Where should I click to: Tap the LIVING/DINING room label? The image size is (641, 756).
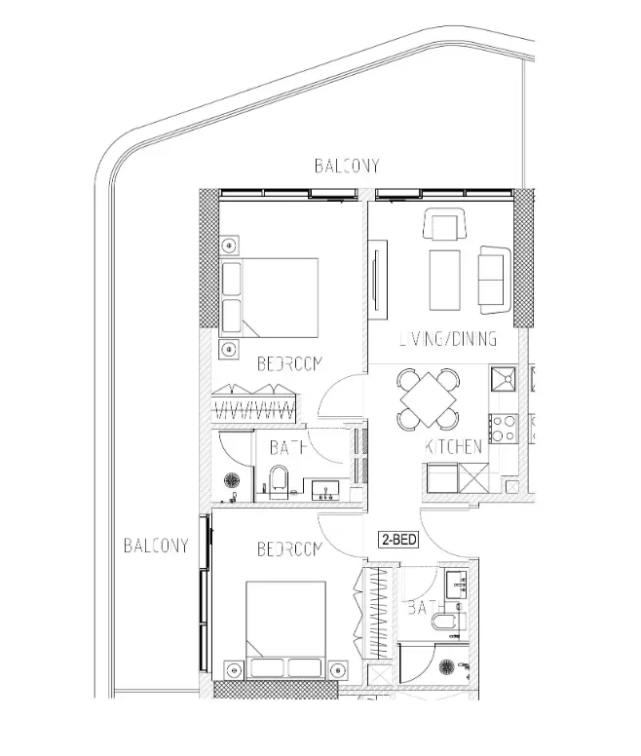pyautogui.click(x=448, y=340)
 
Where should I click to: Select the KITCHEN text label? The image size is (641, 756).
pyautogui.click(x=454, y=448)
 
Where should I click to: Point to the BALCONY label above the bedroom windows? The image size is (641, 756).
pyautogui.click(x=346, y=167)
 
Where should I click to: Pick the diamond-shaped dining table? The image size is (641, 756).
pyautogui.click(x=428, y=400)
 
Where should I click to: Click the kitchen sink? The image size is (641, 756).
pyautogui.click(x=506, y=379)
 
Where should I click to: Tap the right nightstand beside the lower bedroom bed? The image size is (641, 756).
pyautogui.click(x=338, y=669)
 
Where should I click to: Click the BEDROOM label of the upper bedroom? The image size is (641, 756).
pyautogui.click(x=289, y=364)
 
